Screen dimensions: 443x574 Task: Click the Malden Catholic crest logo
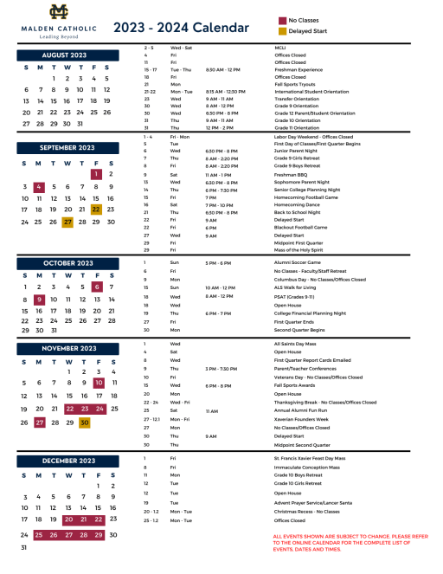click(x=60, y=11)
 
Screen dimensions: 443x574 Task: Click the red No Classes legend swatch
click(x=283, y=19)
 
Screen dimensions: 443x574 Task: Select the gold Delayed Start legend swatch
click(x=283, y=31)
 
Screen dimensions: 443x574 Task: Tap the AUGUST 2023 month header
click(x=65, y=55)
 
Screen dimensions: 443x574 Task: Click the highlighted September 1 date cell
click(x=96, y=174)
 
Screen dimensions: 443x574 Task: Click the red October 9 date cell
click(x=40, y=300)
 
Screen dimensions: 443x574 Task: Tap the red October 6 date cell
click(x=97, y=287)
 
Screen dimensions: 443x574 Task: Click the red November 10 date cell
click(x=99, y=383)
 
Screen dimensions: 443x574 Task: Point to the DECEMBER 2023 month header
click(x=65, y=461)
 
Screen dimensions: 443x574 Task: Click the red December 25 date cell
click(x=39, y=534)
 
